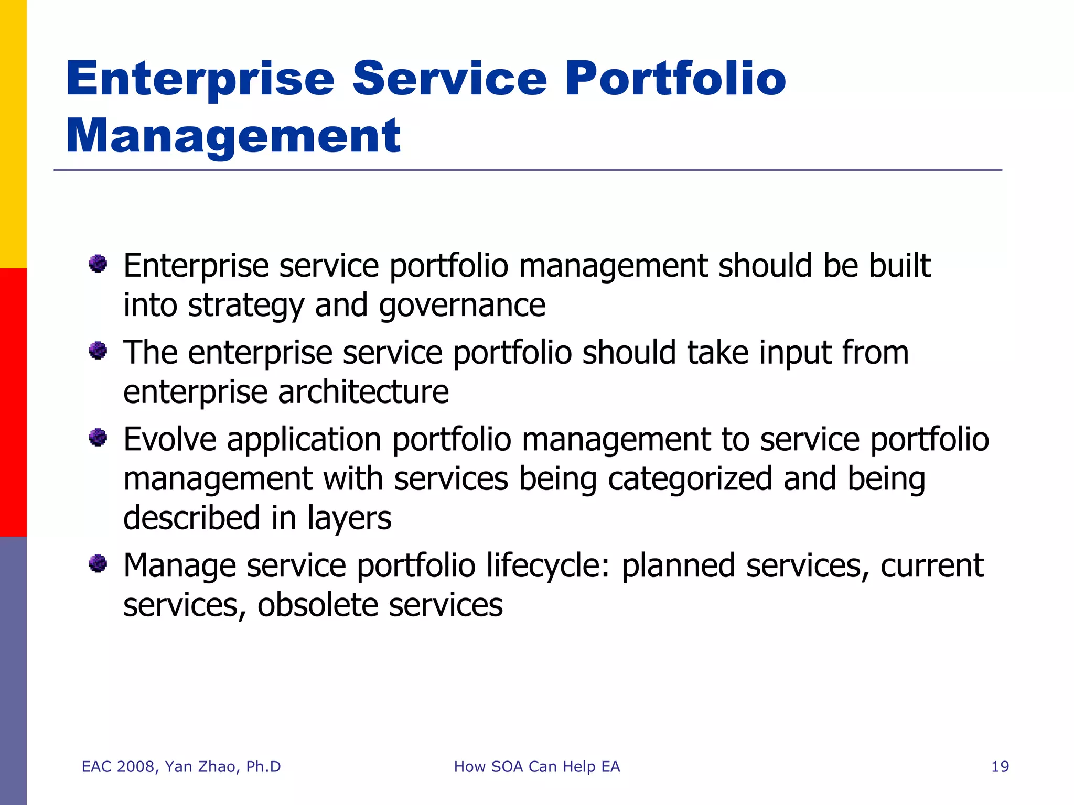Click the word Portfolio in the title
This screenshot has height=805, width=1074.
coord(675,80)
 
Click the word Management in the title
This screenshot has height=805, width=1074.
coord(233,136)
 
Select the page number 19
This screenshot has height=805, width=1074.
coord(1000,767)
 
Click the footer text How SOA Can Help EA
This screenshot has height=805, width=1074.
coord(536,767)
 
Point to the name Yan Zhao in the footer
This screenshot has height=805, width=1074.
coord(200,767)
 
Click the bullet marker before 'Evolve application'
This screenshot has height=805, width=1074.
coord(98,437)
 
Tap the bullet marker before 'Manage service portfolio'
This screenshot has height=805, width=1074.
coord(98,564)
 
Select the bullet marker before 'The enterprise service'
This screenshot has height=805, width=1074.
coord(98,350)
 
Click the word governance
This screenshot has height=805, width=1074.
coord(462,306)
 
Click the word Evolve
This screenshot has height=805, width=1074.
coord(169,439)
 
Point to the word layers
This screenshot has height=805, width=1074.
coord(349,519)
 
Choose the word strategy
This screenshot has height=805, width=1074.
coord(245,306)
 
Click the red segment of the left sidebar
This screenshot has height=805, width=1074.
coord(13,402)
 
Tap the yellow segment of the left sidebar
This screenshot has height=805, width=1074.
coord(13,134)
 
